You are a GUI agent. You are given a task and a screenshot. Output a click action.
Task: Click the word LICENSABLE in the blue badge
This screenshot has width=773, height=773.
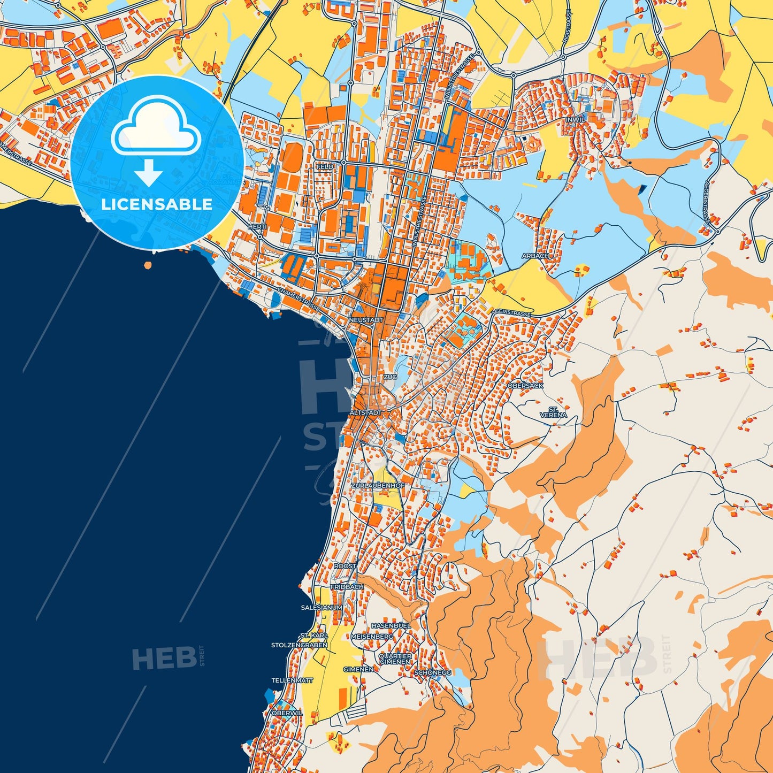click(x=157, y=204)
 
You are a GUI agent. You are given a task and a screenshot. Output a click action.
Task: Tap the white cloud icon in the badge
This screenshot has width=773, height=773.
click(x=156, y=126)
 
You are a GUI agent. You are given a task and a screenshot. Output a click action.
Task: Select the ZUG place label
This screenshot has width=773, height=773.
click(x=390, y=377)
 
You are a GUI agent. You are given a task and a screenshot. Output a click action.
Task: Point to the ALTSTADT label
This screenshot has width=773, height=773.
click(x=366, y=413)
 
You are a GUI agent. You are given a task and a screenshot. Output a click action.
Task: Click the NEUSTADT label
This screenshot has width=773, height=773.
click(x=366, y=320)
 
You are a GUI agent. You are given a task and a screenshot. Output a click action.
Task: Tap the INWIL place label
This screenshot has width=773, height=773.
click(x=575, y=120)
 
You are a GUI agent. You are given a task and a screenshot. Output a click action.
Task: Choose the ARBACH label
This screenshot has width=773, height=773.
click(x=535, y=256)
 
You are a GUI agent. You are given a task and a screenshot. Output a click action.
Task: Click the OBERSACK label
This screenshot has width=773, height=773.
click(x=525, y=385)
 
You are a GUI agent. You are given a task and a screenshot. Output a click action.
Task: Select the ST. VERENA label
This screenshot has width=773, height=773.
click(x=553, y=412)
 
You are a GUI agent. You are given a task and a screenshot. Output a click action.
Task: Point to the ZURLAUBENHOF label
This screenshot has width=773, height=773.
click(x=378, y=485)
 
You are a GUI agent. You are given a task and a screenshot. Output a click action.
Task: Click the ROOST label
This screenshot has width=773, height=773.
click(x=345, y=566)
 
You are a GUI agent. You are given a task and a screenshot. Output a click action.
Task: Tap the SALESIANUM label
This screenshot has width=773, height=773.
click(x=322, y=608)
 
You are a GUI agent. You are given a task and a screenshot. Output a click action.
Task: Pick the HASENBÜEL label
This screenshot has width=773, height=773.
click(x=391, y=625)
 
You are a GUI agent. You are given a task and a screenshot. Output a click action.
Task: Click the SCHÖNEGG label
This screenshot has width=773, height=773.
click(x=433, y=672)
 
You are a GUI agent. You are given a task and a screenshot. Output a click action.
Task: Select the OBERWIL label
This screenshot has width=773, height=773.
click(x=287, y=713)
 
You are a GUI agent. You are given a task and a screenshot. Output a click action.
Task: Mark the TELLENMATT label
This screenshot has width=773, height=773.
click(x=292, y=680)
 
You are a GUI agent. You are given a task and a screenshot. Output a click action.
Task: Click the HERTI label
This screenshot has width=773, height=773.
click(x=257, y=227)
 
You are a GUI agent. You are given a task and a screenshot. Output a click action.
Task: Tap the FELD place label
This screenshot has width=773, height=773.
click(x=325, y=167)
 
